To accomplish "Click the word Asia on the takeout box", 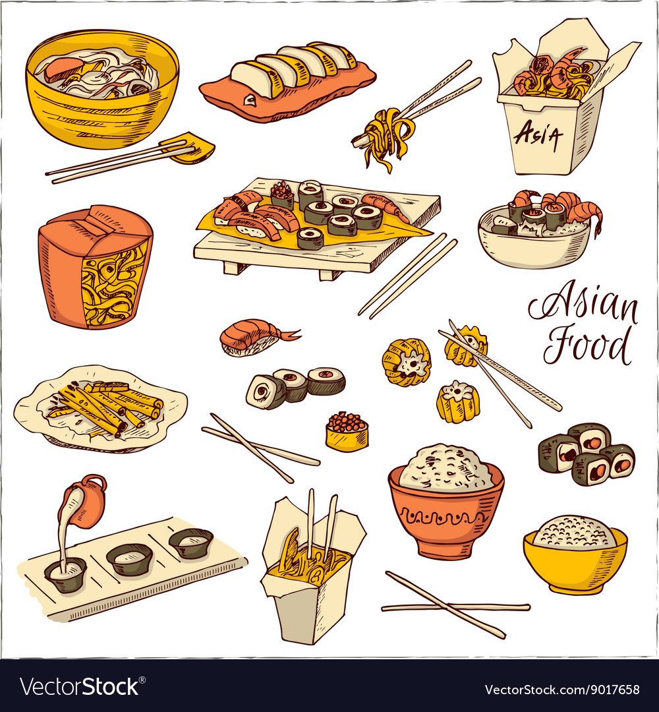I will tap(538, 136).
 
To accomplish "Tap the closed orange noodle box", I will tap(96, 267).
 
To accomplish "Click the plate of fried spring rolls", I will tap(101, 407).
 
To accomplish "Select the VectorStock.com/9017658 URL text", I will tap(561, 690).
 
